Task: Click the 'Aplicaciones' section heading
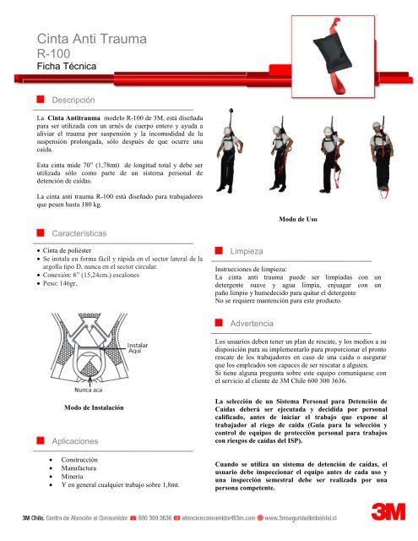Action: coord(83,441)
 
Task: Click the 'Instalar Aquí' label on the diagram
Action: coord(138,348)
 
